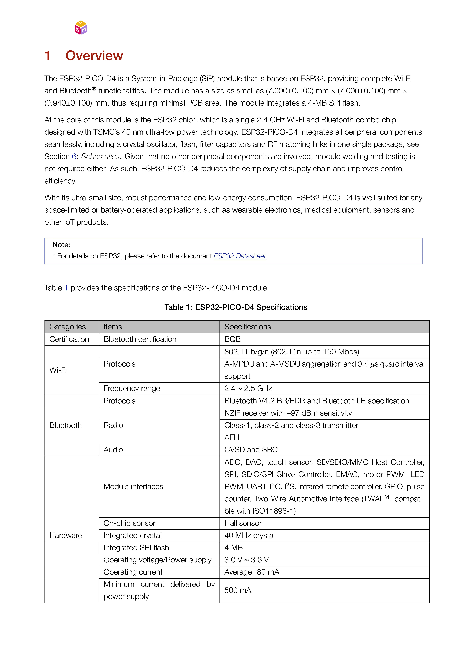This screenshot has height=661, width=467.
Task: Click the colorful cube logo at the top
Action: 81,28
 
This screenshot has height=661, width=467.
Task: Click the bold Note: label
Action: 61,245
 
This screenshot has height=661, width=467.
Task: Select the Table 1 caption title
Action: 236,307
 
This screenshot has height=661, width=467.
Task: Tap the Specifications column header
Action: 247,327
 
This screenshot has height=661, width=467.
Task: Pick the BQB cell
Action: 233,339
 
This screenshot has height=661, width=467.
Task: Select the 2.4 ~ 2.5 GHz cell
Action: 248,388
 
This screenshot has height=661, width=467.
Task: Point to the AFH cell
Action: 232,437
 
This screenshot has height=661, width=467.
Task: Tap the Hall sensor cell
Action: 243,523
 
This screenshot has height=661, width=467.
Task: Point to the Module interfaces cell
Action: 133,486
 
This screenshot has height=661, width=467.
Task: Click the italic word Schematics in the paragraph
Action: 100,156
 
